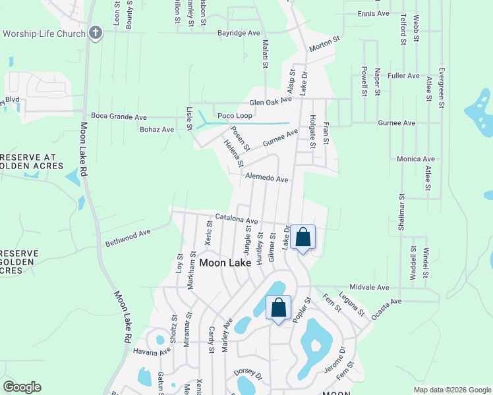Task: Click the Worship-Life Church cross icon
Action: (96, 33)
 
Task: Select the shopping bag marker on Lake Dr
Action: (303, 238)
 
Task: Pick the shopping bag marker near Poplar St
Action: (279, 307)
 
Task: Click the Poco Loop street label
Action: (235, 116)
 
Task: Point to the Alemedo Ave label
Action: (267, 178)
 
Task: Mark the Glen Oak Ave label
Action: (270, 101)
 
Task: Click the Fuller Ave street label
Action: (404, 76)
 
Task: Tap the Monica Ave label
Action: (416, 159)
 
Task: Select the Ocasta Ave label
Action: (386, 309)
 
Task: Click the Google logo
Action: (22, 387)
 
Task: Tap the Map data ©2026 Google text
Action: (451, 390)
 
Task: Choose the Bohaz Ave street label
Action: (156, 130)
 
